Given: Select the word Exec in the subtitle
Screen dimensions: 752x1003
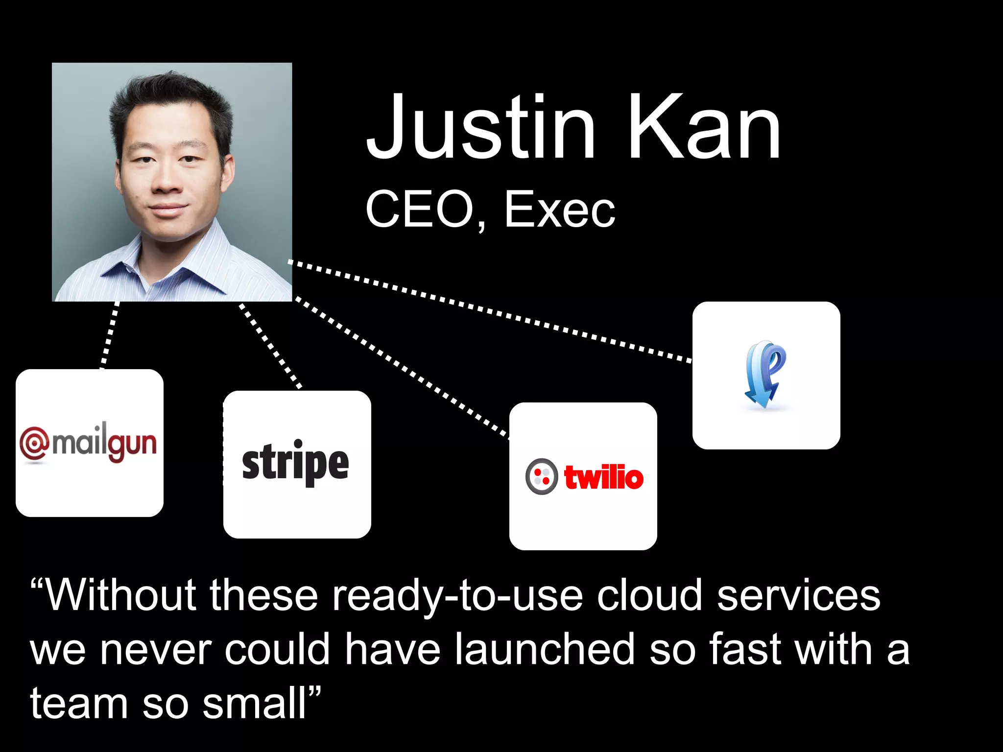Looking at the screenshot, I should pyautogui.click(x=559, y=210).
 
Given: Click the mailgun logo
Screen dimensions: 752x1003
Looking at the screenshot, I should pyautogui.click(x=89, y=443).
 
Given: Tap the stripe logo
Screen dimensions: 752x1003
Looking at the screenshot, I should pyautogui.click(x=296, y=463).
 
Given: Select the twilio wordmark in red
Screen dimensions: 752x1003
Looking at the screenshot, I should pyautogui.click(x=603, y=477).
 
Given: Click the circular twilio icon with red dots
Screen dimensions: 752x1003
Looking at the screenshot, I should pyautogui.click(x=541, y=476).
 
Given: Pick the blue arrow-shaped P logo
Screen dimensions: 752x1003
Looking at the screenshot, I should pyautogui.click(x=765, y=375).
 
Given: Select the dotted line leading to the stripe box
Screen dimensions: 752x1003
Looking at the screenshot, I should pyautogui.click(x=270, y=347).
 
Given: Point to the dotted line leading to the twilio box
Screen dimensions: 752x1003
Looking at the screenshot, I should pyautogui.click(x=402, y=367).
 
